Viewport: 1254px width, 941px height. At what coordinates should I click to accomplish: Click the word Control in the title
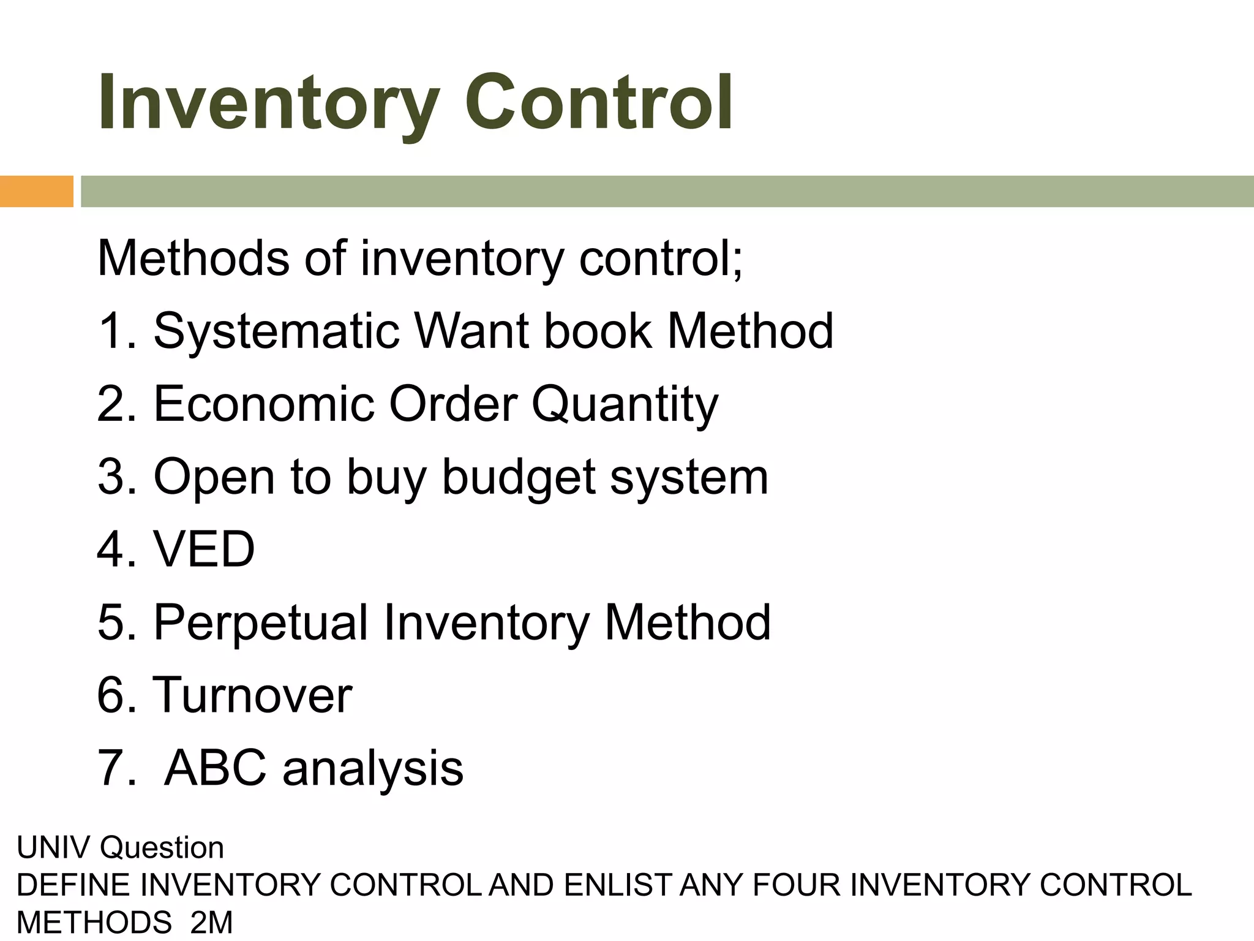click(598, 103)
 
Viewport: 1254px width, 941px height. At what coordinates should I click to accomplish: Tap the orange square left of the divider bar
click(36, 191)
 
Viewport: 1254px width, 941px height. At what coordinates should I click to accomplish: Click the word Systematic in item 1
click(276, 331)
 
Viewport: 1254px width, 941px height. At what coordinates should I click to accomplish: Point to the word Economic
click(263, 404)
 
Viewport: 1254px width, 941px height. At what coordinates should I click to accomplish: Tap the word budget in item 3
click(519, 478)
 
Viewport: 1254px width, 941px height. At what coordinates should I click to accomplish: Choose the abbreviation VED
click(204, 550)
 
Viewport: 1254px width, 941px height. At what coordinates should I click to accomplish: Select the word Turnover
click(252, 695)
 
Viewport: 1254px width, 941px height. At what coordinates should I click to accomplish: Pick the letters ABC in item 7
click(216, 768)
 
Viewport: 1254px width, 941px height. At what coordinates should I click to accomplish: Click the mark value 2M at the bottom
click(211, 923)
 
